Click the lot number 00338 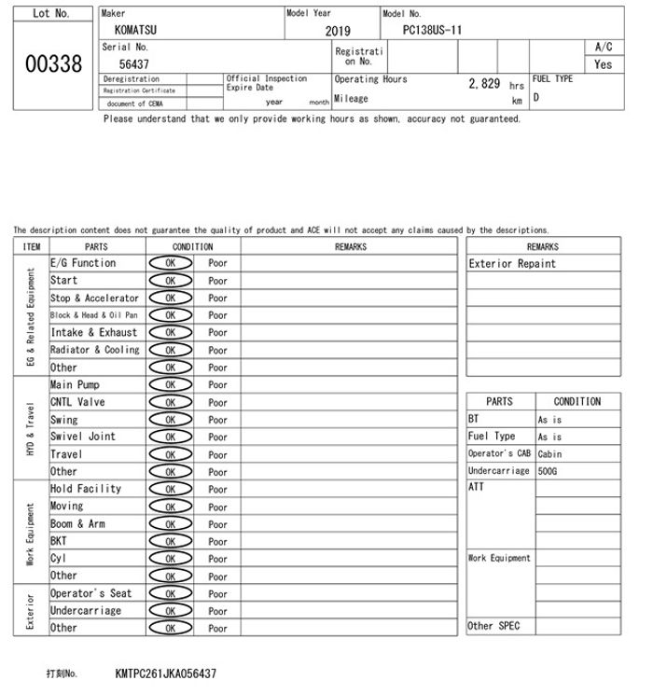click(51, 63)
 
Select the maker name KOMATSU click(135, 30)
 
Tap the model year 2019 click(338, 31)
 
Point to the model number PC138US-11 click(432, 30)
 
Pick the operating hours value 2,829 click(484, 84)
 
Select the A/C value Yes click(604, 64)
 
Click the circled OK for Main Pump click(171, 385)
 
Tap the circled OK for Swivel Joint click(171, 437)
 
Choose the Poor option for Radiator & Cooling click(217, 351)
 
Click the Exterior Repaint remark click(512, 264)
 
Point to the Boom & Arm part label click(77, 524)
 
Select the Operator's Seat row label click(90, 593)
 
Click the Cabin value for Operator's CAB click(550, 454)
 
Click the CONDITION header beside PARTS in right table click(577, 402)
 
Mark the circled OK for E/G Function click(171, 263)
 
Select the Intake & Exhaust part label click(93, 333)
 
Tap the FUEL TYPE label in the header click(552, 79)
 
